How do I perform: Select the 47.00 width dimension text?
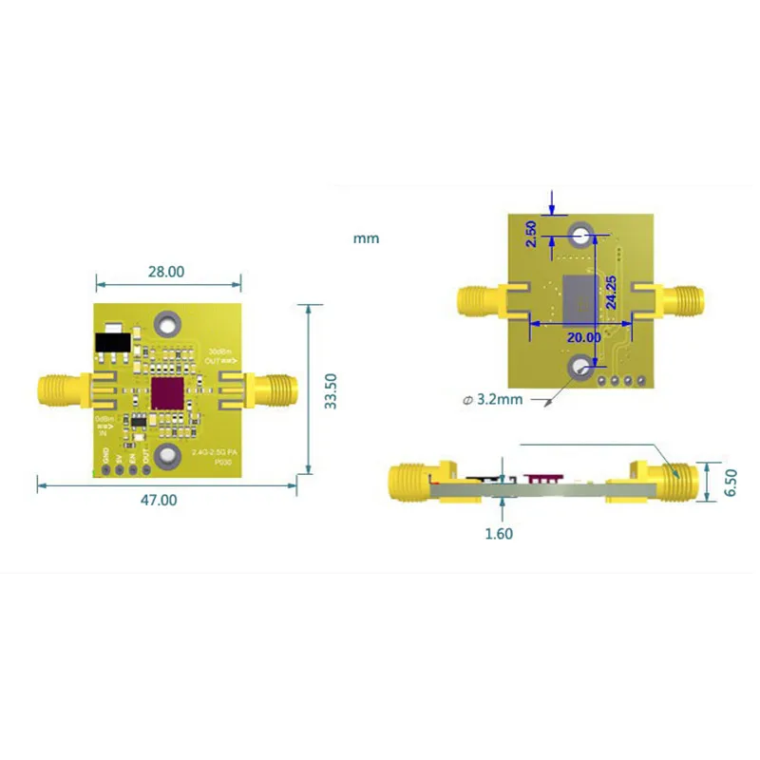(160, 499)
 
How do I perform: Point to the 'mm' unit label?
(366, 238)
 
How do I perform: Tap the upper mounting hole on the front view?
(168, 325)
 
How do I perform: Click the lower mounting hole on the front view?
(168, 458)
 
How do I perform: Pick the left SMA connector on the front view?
(60, 389)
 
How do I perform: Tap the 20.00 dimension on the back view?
(581, 337)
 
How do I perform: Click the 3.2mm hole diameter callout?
(494, 400)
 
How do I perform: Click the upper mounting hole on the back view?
(581, 235)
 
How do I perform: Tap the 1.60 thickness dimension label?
(498, 534)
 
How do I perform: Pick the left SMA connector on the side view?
(410, 483)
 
